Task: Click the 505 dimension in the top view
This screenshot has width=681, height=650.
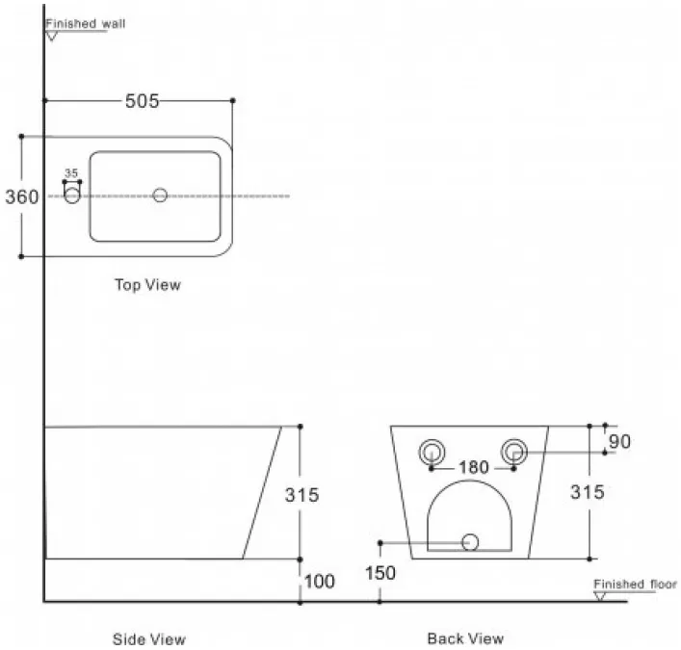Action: [x=142, y=101]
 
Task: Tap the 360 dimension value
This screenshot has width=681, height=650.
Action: [x=22, y=196]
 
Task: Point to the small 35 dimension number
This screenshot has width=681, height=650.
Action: [x=71, y=173]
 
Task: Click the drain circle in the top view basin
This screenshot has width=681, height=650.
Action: [x=160, y=195]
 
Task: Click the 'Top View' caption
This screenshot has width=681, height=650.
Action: [x=147, y=285]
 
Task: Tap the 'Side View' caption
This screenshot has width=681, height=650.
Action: [x=149, y=639]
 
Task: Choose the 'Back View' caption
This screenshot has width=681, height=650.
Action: [x=465, y=638]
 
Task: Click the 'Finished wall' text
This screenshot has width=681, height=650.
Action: [x=86, y=23]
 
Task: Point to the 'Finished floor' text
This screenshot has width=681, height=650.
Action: [x=636, y=584]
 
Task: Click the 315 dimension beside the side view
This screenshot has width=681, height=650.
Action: [x=301, y=495]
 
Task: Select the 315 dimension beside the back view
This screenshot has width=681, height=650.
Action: [x=588, y=492]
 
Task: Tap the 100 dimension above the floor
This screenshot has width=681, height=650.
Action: [x=319, y=582]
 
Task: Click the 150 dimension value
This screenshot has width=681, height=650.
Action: [x=380, y=573]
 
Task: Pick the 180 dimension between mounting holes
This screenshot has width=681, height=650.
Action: [x=473, y=467]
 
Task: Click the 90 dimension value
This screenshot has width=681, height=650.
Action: [x=619, y=442]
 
